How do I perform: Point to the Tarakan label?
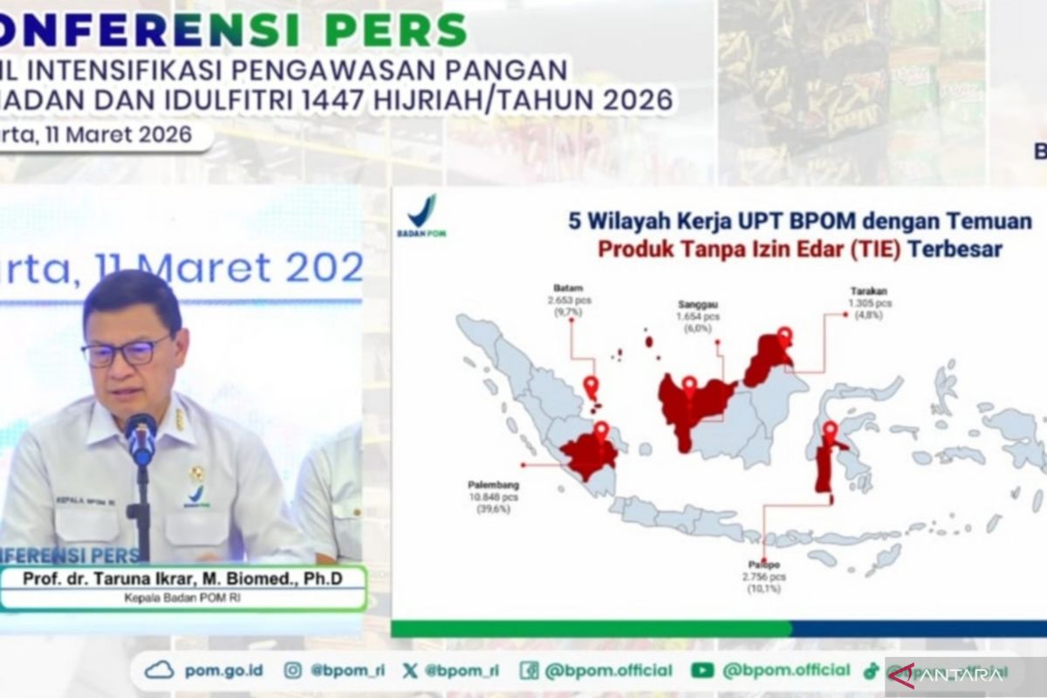pos(869,291)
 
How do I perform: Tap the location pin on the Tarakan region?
pos(784,335)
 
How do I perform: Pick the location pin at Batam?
pos(591,386)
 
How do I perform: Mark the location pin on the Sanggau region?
pos(689,385)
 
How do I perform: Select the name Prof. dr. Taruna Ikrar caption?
pos(182,578)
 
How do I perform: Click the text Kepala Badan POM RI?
pos(182,598)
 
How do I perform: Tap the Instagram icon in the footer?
pos(293,670)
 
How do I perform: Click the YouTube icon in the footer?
pos(702,670)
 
